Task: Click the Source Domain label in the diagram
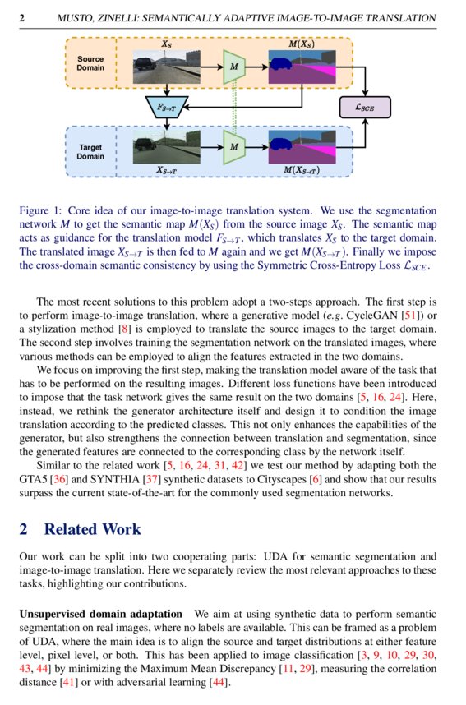90,64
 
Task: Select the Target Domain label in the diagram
90,151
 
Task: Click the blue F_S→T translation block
167,105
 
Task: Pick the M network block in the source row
235,65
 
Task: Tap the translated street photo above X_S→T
168,146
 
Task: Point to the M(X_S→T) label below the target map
302,170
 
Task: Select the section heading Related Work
92,529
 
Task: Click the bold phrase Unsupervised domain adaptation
100,615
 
